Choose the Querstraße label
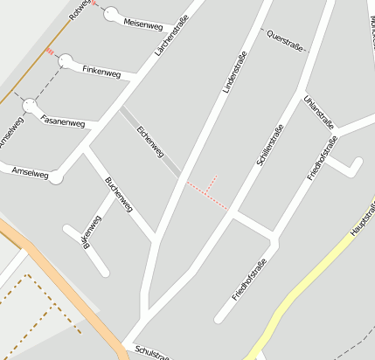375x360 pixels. [286, 40]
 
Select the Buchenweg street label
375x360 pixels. [118, 194]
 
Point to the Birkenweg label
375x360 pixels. [87, 232]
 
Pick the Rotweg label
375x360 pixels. [80, 9]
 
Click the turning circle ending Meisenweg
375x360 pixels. [111, 14]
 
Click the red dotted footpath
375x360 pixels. [207, 196]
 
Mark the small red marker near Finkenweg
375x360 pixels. [50, 52]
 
